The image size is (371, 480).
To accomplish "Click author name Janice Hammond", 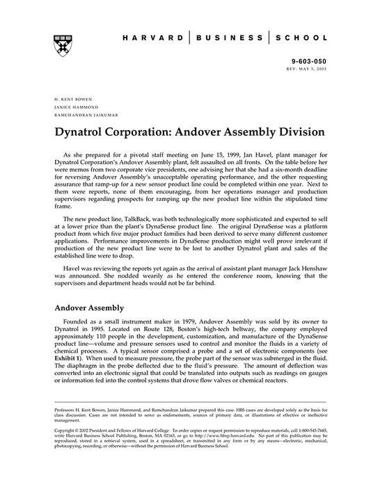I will tap(68, 108).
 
